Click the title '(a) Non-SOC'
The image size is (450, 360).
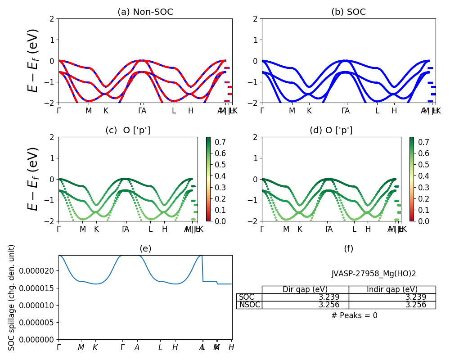click(x=145, y=12)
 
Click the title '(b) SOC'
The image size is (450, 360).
click(x=348, y=12)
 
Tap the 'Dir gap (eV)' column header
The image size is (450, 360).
click(x=305, y=289)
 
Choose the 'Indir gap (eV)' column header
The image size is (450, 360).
click(x=392, y=289)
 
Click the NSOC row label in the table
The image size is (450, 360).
click(x=249, y=305)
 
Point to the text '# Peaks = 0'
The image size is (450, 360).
click(x=354, y=315)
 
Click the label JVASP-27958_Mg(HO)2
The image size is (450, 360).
click(x=373, y=274)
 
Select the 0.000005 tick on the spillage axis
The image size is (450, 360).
click(x=38, y=322)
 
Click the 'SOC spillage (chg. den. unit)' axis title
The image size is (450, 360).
click(x=12, y=297)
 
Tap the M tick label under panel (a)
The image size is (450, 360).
click(x=89, y=111)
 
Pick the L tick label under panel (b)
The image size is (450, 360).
click(x=377, y=111)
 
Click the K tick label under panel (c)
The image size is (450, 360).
click(x=96, y=229)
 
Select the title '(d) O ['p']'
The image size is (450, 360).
click(x=331, y=130)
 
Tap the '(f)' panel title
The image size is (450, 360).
click(x=348, y=248)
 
